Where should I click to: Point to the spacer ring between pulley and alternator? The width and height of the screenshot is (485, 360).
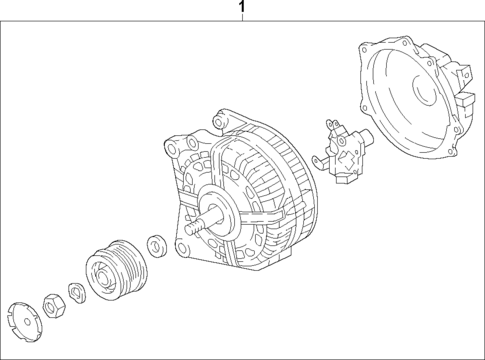155,245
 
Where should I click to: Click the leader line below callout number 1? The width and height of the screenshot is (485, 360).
241,21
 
